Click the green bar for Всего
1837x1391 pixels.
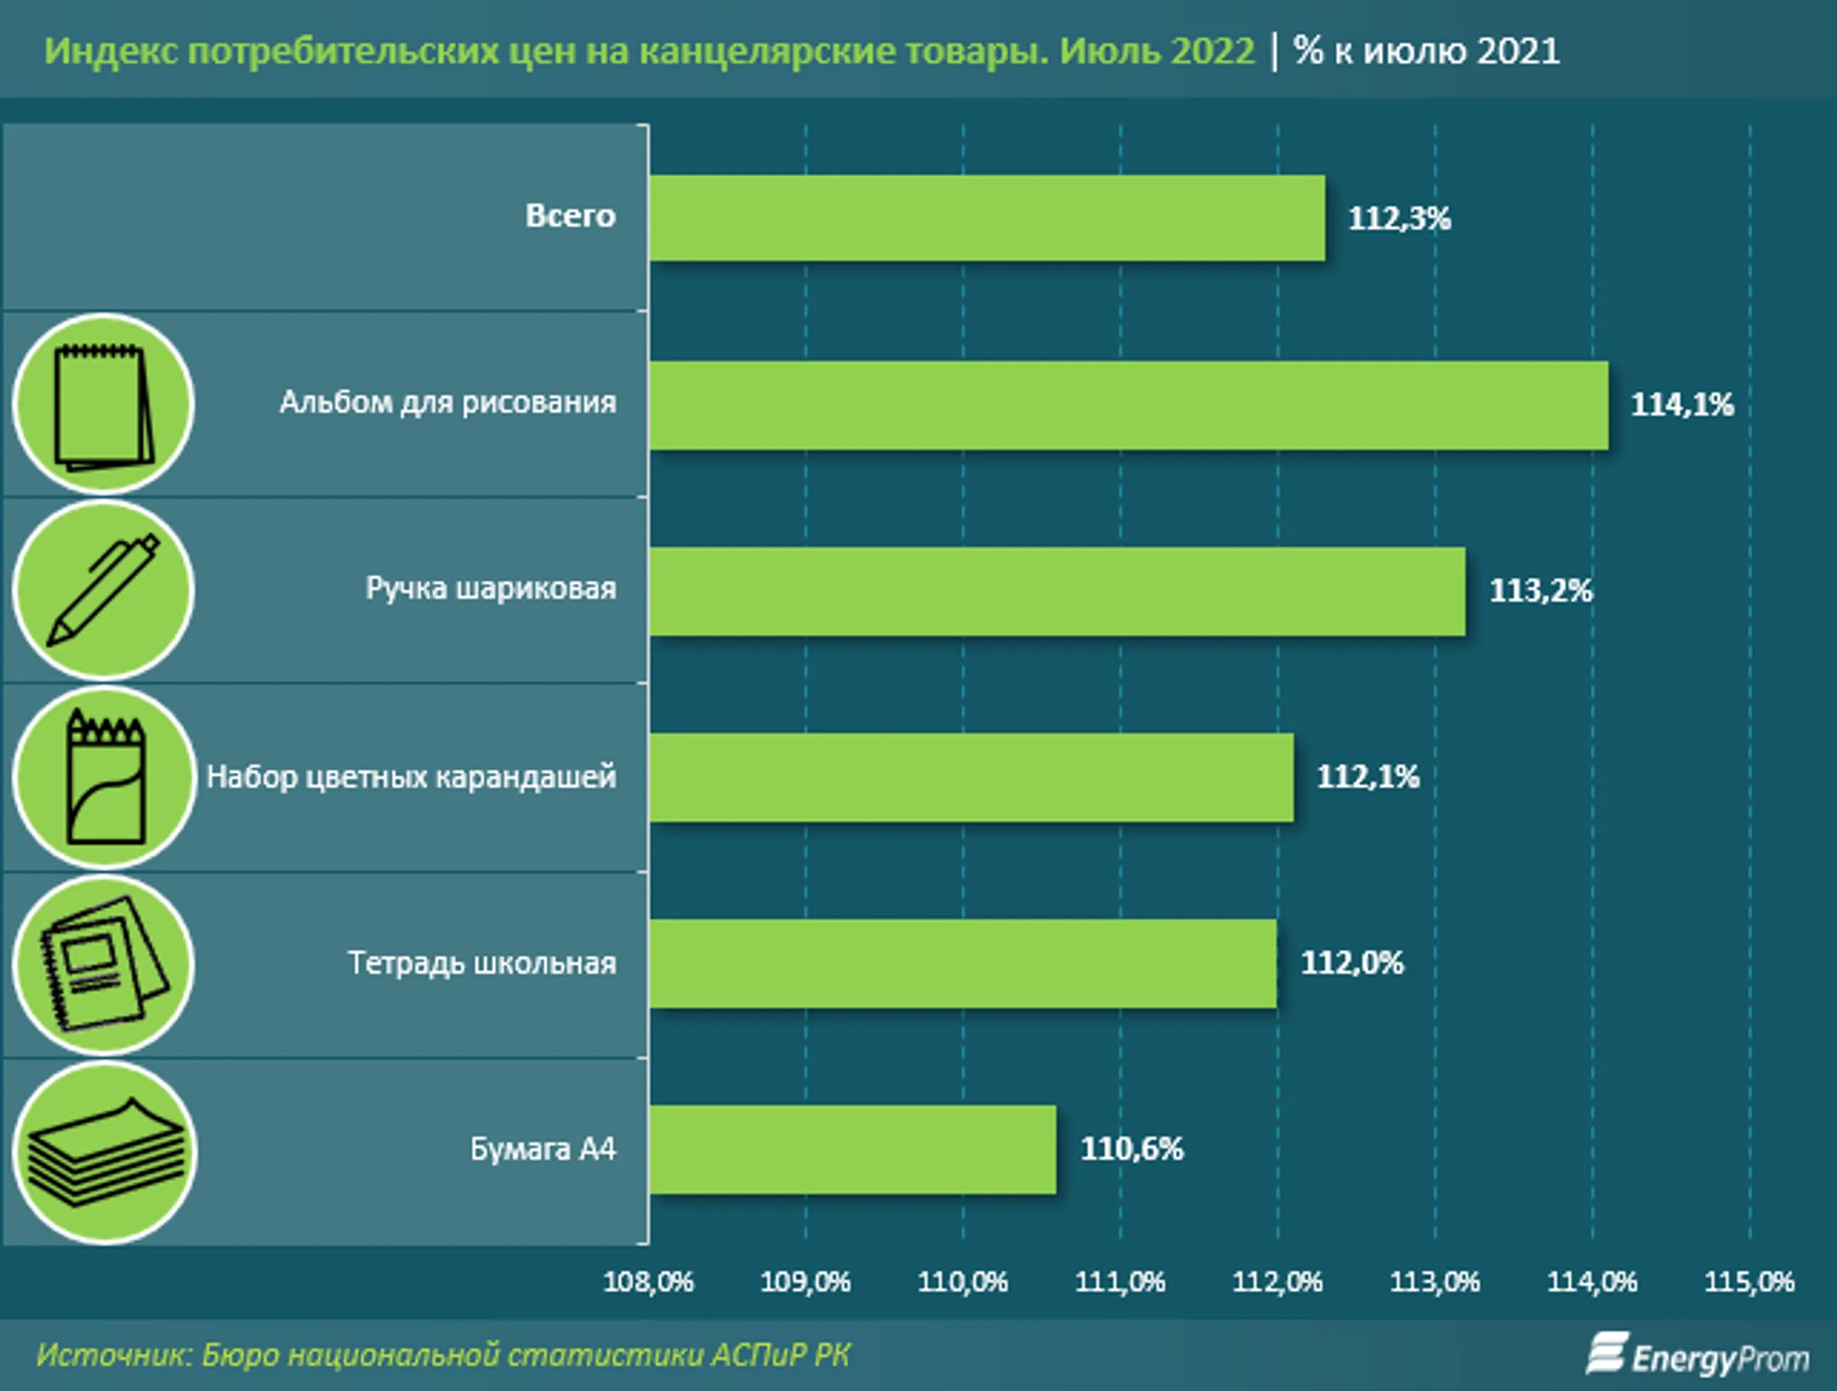[987, 218]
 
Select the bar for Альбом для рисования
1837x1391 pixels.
[1129, 405]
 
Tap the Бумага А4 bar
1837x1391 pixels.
[852, 1149]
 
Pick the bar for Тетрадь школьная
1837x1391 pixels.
[963, 963]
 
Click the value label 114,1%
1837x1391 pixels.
[1681, 405]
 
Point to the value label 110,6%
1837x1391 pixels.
[1131, 1149]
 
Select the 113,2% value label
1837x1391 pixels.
[1540, 590]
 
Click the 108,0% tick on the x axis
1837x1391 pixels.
[648, 1281]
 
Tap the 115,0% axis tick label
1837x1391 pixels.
[1749, 1281]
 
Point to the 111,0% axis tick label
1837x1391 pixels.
[1119, 1281]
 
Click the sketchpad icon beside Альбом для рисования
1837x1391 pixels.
[104, 405]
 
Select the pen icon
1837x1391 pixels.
[104, 590]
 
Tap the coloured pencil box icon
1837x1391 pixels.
[104, 777]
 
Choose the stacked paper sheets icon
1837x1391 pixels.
[104, 1152]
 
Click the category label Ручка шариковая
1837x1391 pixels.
[491, 589]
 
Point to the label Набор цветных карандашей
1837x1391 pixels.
[411, 777]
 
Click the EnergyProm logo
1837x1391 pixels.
[1698, 1356]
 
